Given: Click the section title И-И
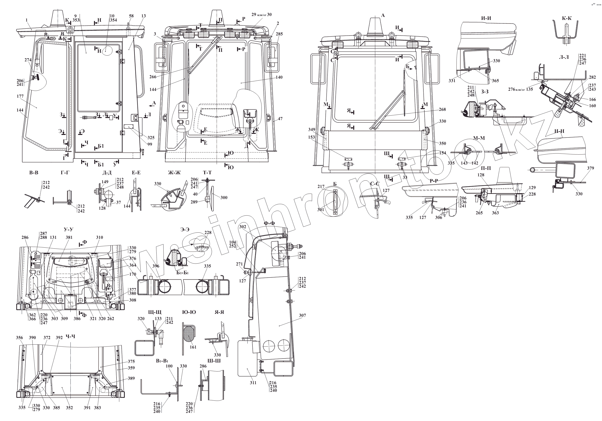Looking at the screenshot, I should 486,18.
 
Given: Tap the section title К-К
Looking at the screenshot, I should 567,18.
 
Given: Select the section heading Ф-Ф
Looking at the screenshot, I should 269,223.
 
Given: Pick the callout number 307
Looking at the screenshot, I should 302,315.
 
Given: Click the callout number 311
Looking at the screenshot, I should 253,383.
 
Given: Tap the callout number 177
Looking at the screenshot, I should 20,97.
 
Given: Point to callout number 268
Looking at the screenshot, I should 442,109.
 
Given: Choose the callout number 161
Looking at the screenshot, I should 193,347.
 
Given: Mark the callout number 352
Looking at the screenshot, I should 69,408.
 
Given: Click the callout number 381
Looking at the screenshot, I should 69,238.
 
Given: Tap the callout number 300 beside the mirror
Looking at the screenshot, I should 224,197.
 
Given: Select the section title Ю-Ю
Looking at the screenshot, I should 189,312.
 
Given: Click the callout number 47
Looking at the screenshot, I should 280,119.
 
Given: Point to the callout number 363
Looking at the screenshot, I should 495,213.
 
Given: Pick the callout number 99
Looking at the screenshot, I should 149,144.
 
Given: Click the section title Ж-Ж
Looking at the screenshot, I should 174,173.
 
